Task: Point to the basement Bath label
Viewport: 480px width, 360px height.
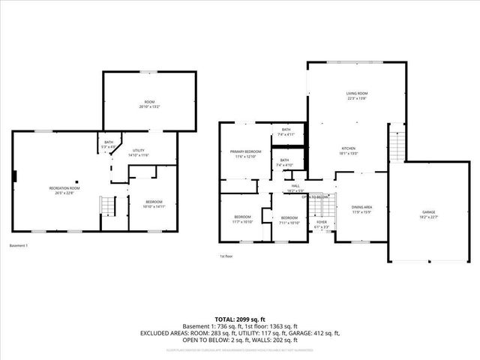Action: pos(108,144)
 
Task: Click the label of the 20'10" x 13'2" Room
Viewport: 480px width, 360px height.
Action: pos(148,103)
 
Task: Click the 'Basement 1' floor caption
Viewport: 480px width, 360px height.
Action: pos(19,245)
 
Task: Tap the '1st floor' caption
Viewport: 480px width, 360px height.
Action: pos(226,256)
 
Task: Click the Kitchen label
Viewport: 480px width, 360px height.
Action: pos(349,150)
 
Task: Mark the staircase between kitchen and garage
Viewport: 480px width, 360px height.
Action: pos(396,142)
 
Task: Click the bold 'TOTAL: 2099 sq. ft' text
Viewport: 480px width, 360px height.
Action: pos(239,318)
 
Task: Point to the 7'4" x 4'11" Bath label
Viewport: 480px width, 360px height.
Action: pos(286,132)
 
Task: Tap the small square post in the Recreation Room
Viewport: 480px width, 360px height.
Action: pos(14,177)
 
